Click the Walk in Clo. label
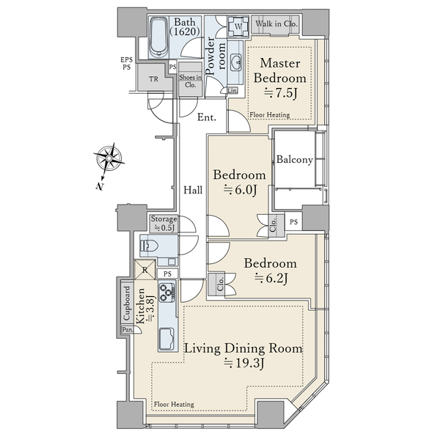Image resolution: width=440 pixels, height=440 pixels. point(276,25)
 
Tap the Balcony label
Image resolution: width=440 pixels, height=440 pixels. point(295,160)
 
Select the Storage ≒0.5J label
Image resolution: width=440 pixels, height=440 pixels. point(163,223)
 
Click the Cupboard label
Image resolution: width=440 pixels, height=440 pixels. point(126,304)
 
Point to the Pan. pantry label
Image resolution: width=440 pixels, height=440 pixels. point(127,330)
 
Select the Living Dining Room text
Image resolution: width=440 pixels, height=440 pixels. point(243,349)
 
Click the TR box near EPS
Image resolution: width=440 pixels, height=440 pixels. point(153,79)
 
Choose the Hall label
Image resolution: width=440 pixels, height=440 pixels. point(193,190)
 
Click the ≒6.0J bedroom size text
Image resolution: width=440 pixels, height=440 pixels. point(240,190)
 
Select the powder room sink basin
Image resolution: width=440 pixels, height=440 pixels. point(238,62)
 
